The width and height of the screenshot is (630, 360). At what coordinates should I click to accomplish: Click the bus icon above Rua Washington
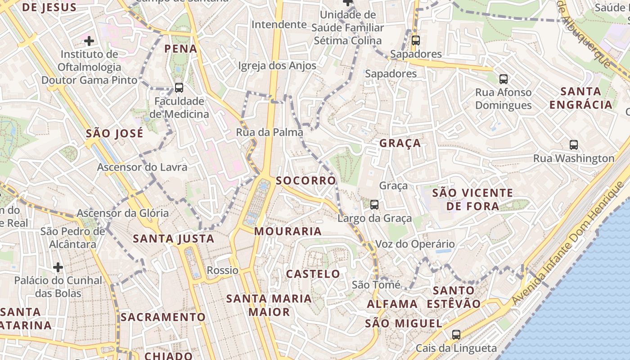573,145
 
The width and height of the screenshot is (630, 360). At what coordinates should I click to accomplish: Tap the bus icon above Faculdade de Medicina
179,88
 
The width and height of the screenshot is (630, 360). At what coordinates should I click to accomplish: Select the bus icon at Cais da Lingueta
456,335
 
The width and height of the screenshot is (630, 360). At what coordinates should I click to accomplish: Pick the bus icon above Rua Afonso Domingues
503,79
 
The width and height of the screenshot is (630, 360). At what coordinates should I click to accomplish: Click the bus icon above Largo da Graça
374,205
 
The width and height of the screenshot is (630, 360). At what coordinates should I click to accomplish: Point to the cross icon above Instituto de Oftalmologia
89,41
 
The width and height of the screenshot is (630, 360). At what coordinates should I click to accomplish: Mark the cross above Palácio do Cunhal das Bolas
58,268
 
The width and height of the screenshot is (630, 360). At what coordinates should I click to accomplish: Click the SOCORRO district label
306,181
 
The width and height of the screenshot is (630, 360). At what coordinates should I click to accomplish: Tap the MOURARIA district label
288,231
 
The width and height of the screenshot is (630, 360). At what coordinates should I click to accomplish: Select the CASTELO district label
313,274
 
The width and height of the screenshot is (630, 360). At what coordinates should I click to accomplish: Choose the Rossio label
222,270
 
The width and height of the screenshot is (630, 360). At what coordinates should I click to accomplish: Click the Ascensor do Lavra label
142,167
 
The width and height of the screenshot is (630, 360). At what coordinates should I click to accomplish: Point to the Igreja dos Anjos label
277,66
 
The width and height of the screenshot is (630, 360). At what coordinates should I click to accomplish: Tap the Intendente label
279,24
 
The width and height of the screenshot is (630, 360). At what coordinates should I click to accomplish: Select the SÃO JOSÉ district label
114,134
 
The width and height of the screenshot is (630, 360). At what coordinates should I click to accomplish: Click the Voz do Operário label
415,244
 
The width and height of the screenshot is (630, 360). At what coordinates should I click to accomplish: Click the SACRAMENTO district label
163,317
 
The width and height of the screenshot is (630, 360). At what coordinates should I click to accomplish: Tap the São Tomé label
376,285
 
